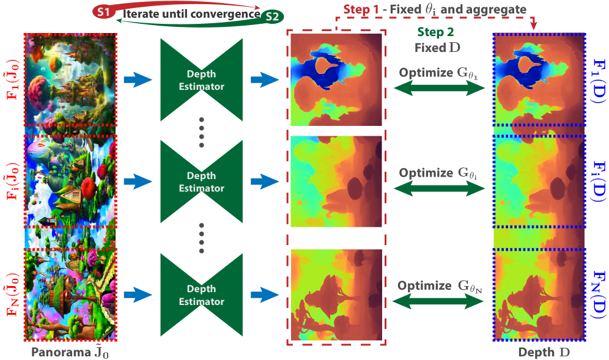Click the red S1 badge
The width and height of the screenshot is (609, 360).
coord(103,12)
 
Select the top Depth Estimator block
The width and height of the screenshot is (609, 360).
coord(201,80)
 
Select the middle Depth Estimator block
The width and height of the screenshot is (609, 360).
coord(201,182)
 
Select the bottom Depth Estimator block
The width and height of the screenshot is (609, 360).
coord(201,295)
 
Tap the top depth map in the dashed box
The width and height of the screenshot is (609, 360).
coord(336,79)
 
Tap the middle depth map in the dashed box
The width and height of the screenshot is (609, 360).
coord(336,182)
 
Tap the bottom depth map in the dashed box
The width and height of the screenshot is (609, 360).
coord(336,294)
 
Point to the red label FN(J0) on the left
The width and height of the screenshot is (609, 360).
coord(11,294)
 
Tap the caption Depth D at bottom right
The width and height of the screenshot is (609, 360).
coord(540,352)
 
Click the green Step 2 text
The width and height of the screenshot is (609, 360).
coord(435,32)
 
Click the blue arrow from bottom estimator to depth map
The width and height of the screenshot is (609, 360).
coord(265,295)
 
